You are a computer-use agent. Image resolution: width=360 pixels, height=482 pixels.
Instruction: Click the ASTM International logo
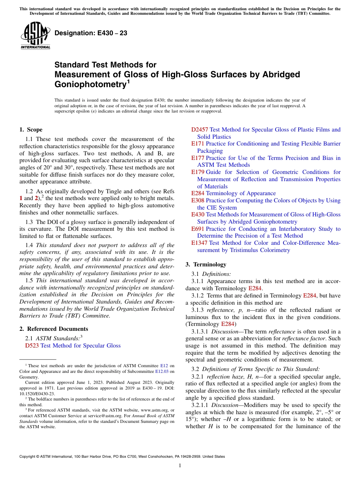[x=35, y=36]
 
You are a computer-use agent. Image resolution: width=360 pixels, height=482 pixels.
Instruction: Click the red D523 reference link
[x=32, y=346]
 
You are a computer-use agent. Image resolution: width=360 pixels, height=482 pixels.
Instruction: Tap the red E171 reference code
[x=198, y=144]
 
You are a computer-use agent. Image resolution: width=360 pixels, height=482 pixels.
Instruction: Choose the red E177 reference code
[x=198, y=158]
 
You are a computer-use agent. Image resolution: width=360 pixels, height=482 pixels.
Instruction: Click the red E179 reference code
[x=198, y=172]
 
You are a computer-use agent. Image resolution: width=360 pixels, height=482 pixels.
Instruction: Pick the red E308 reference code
[x=198, y=200]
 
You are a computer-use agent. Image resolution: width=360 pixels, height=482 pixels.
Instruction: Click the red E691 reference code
[x=198, y=229]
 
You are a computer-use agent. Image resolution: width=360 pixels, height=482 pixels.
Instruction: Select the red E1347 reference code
[x=199, y=243]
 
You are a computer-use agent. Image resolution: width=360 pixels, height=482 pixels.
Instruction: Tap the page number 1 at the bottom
[x=180, y=466]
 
